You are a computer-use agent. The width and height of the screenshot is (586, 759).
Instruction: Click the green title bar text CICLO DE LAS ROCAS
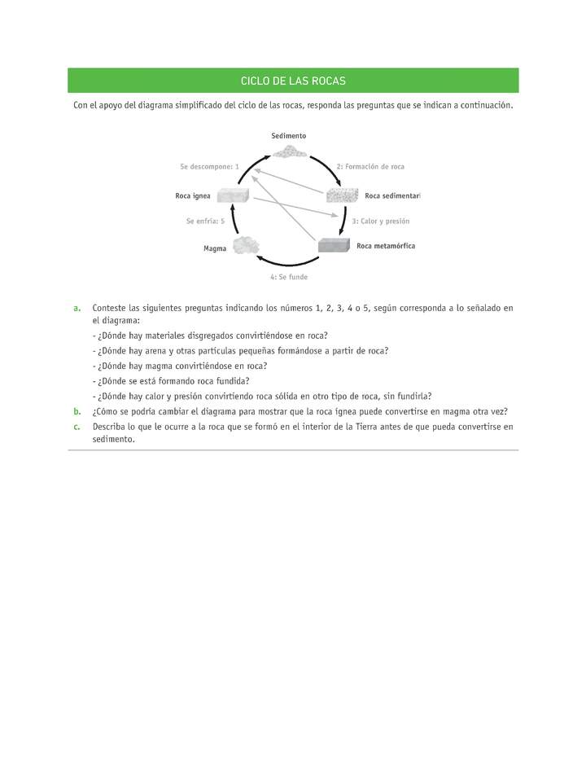coord(293,81)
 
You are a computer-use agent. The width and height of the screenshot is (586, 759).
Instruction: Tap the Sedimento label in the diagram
coord(289,135)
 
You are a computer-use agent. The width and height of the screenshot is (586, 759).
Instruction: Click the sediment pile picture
coord(290,150)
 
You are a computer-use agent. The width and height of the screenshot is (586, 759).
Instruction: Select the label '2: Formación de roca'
coord(370,166)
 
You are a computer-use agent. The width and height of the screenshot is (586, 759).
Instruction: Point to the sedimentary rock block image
coord(342,195)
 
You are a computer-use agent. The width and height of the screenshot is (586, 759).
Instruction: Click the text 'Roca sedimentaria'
coord(392,196)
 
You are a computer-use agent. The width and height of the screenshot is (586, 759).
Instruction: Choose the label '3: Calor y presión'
coord(380,221)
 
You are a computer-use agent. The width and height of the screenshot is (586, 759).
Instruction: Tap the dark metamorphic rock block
coord(334,245)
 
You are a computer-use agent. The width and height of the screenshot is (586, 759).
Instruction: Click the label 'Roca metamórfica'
coord(386,245)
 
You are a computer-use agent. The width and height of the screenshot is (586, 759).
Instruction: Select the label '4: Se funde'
coord(289,278)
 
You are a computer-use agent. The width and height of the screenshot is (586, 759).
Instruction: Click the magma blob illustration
coord(247,245)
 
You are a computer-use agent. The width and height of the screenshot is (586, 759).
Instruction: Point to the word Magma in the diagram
coord(215,248)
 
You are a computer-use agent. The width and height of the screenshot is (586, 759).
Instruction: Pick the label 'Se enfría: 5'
coord(205,221)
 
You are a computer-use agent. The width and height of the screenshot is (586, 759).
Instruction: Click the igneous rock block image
coord(233,195)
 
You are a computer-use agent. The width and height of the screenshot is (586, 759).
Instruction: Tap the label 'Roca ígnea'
coord(193,196)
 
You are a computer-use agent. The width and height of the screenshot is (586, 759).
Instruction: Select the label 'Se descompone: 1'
coord(209,166)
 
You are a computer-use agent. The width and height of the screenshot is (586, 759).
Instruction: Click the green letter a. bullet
coord(77,309)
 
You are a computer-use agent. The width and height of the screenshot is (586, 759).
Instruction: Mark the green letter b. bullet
coord(77,411)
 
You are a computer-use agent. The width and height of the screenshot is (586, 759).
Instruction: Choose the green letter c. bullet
coord(77,426)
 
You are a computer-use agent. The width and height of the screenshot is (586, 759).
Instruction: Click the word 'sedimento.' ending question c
coord(113,439)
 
